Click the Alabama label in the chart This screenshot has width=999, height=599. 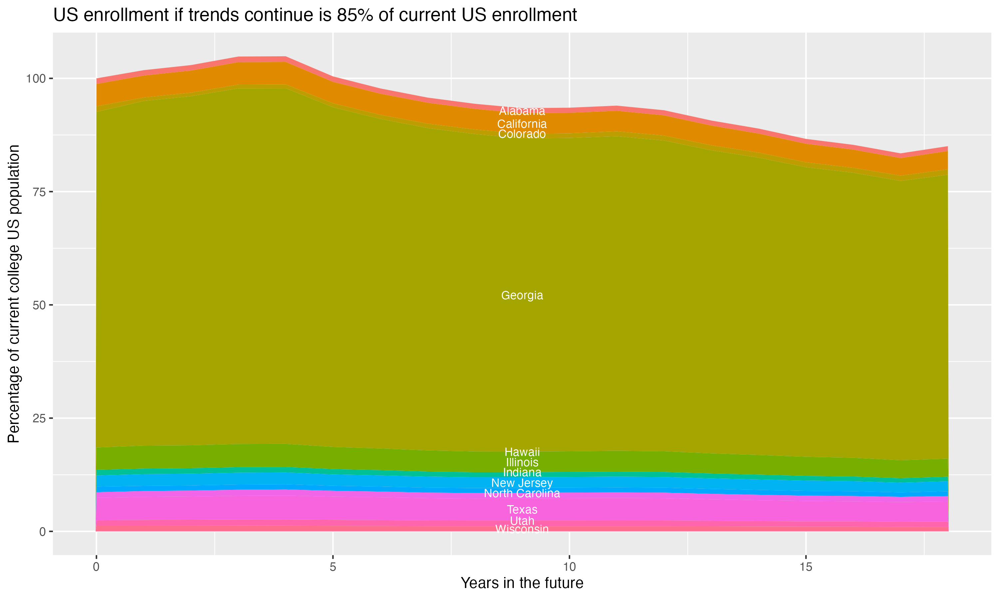click(522, 111)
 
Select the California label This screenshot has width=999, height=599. click(522, 124)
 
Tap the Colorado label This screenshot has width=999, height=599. click(522, 134)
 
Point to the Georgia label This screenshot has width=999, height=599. click(522, 296)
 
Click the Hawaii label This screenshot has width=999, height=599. click(522, 452)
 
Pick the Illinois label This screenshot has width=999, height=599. click(522, 462)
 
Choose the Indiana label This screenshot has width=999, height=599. click(522, 472)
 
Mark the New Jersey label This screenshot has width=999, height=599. click(522, 483)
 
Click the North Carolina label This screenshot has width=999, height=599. click(522, 493)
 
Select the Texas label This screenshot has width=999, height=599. click(522, 510)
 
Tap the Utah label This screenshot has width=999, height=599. click(522, 521)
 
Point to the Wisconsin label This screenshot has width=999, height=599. click(522, 529)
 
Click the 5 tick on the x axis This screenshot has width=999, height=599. click(333, 567)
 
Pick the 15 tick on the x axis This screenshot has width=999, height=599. click(806, 567)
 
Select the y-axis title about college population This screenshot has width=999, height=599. click(14, 294)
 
